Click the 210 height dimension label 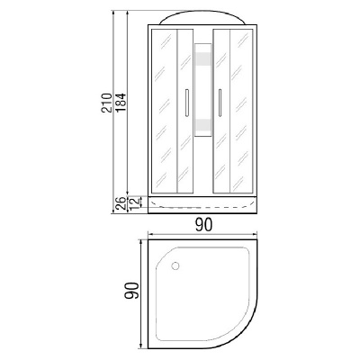[x=107, y=105]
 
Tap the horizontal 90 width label [x=204, y=226]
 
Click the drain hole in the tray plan [x=173, y=265]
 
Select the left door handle [x=185, y=105]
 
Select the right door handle [x=219, y=105]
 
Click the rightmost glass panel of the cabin [x=246, y=108]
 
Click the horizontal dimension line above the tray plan [x=204, y=237]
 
